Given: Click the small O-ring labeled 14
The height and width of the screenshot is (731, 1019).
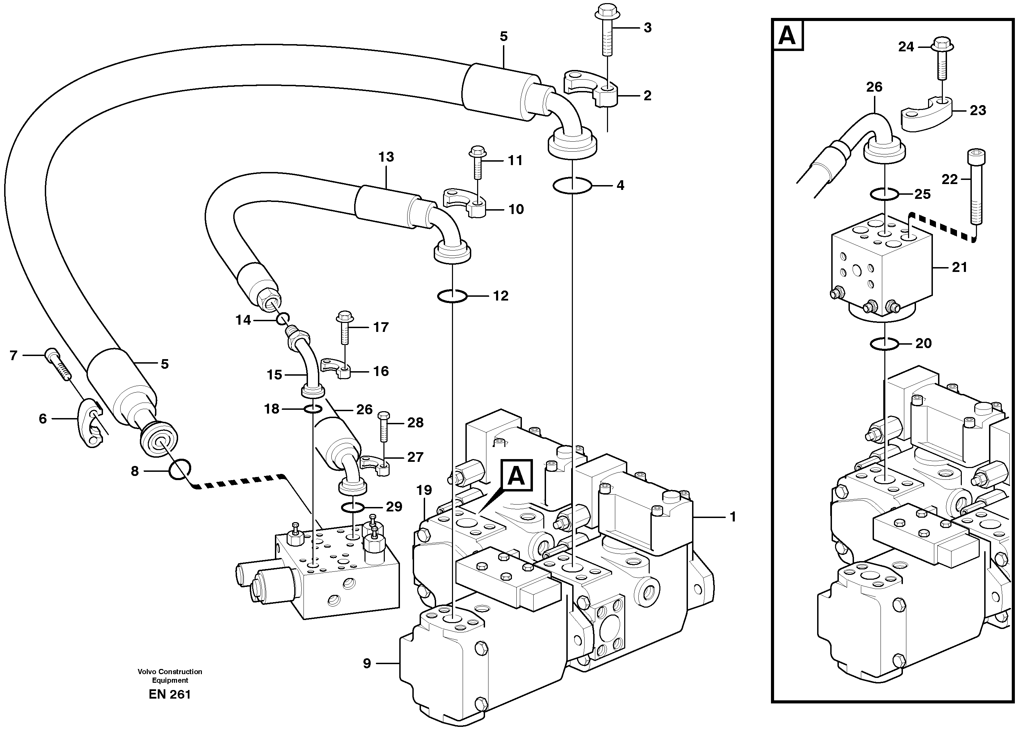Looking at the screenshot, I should click(x=282, y=319).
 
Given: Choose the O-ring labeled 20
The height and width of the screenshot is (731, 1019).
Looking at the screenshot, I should click(x=884, y=344).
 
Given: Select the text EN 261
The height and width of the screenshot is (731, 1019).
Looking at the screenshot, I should click(x=170, y=694).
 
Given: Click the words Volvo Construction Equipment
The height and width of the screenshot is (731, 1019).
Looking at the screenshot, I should click(x=170, y=676).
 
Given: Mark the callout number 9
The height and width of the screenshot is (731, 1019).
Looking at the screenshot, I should click(x=367, y=663).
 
